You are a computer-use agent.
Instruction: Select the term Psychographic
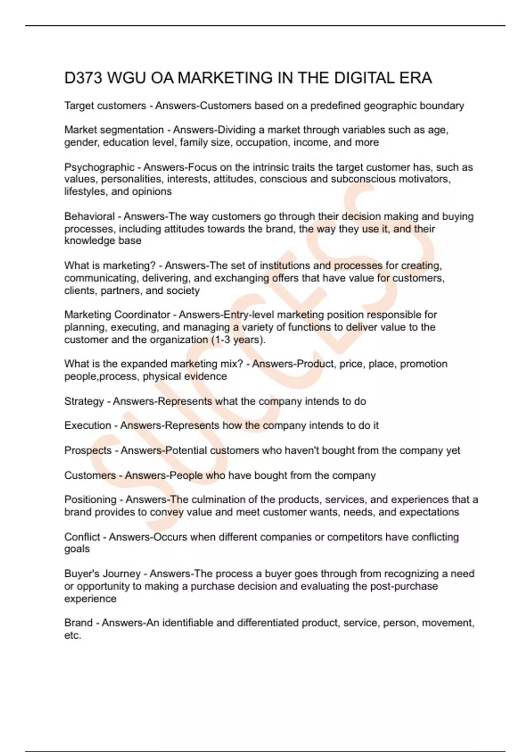pos(99,167)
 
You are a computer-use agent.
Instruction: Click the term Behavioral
pos(89,216)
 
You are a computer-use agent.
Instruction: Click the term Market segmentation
pos(114,130)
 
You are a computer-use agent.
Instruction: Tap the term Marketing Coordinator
pos(117,315)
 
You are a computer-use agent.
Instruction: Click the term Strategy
pos(84,401)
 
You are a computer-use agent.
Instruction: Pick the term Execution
pos(88,426)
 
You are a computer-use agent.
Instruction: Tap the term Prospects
pos(88,450)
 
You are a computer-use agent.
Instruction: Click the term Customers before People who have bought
pos(90,476)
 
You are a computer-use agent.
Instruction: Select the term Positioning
pos(90,499)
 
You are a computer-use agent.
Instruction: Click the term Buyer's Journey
pos(102,574)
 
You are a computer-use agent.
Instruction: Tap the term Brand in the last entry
pos(79,623)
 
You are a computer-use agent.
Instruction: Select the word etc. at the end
pos(73,636)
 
